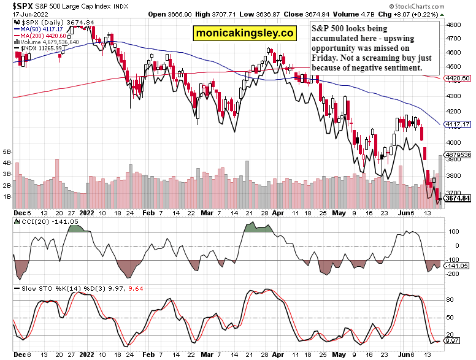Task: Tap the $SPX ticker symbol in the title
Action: coord(17,5)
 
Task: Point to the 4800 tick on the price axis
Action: coord(453,25)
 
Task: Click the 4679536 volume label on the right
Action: coord(459,155)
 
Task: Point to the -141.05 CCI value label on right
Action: coord(458,266)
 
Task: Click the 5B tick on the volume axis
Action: coord(8,151)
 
